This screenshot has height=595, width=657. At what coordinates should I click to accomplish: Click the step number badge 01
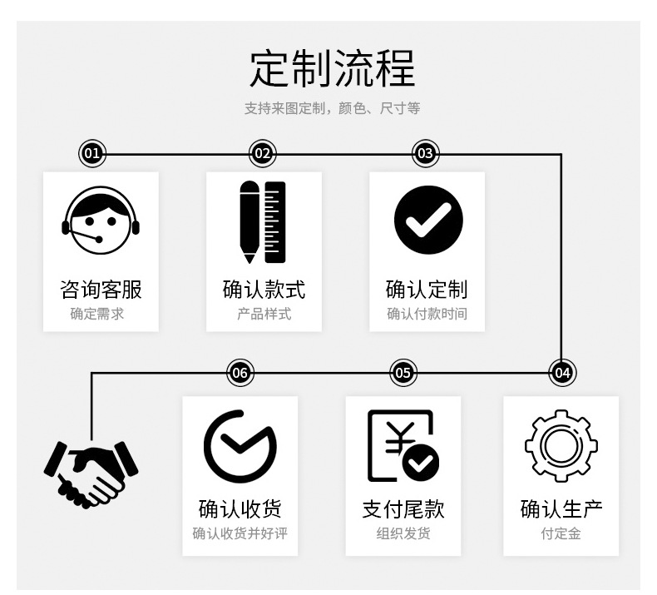91,153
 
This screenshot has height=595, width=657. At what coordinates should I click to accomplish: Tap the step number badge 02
263,153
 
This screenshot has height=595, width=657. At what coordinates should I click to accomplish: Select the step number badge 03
425,153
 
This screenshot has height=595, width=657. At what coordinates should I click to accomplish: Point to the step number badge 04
562,372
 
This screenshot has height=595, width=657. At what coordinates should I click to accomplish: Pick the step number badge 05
403,372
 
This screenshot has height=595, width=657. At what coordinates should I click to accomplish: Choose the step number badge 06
240,372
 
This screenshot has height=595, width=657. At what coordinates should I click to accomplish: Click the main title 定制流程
333,69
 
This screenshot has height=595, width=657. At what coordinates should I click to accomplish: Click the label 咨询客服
101,289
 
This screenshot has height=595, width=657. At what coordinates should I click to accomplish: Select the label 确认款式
264,289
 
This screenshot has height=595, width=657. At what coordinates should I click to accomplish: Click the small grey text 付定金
561,533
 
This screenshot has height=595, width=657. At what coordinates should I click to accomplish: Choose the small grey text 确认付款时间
427,314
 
